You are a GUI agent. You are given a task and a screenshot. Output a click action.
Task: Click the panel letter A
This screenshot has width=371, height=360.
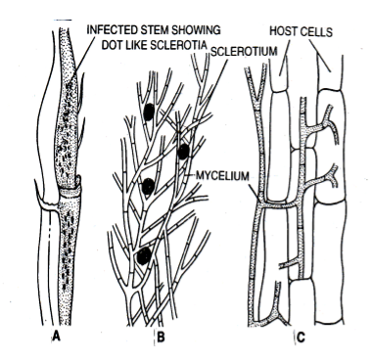click(57, 337)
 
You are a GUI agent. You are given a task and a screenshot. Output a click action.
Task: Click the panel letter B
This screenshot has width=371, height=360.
click(161, 337)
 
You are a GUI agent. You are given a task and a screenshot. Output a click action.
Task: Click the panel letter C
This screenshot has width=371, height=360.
click(301, 337)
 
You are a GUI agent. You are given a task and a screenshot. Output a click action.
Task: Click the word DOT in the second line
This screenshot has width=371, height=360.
click(113, 45)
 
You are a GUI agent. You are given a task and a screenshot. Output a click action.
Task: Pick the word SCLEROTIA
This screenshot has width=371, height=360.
click(179, 45)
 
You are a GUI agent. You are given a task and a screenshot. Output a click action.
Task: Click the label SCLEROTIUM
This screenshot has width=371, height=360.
click(244, 52)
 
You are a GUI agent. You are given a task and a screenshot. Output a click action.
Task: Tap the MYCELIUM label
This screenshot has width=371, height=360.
click(222, 176)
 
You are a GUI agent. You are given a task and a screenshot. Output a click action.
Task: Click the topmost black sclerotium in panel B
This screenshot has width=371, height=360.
click(149, 112)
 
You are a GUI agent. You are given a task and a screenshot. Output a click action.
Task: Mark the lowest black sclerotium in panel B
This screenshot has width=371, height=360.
click(144, 256)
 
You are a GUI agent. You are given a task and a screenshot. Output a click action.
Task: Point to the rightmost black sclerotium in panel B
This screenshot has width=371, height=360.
click(183, 152)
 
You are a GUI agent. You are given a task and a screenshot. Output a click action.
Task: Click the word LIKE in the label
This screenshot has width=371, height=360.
click(137, 45)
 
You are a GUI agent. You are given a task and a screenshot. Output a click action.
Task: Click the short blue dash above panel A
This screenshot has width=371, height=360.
click(63, 21)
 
